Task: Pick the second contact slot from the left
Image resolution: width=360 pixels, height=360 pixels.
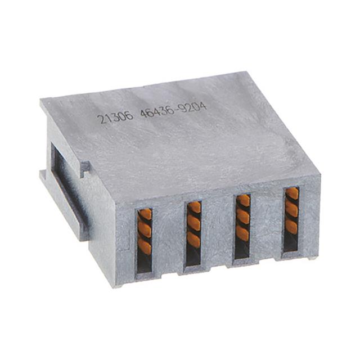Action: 193,232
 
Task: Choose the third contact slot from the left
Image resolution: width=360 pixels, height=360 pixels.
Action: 243,226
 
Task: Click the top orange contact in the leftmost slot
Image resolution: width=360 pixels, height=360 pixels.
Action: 145,214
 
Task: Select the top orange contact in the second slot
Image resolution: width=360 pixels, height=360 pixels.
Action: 194,208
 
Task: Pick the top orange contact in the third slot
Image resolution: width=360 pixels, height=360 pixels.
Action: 244,201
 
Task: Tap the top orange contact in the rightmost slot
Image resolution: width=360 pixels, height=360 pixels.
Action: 292,195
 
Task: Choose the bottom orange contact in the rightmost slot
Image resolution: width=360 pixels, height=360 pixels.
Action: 291,227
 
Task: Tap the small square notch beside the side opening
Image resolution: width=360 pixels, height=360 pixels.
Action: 85,167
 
